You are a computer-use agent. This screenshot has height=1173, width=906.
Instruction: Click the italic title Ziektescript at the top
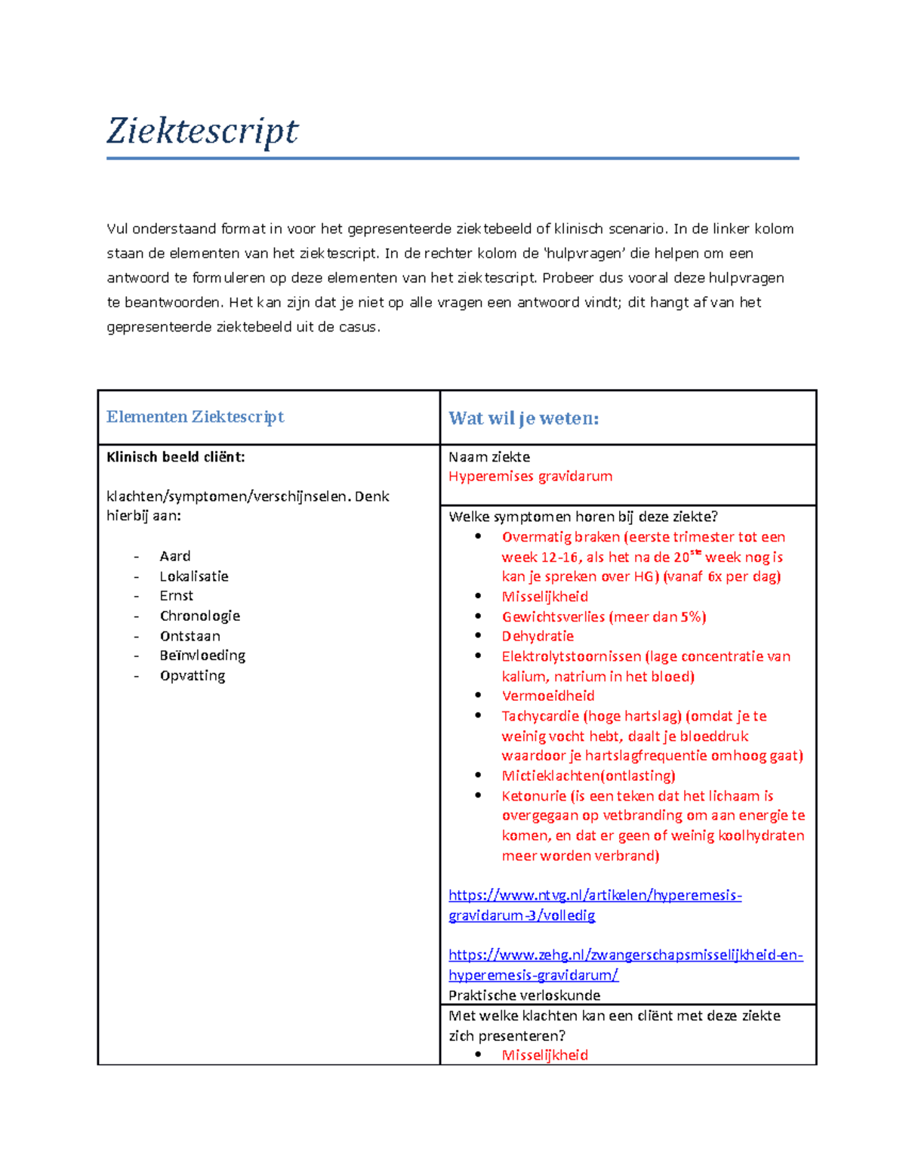[202, 131]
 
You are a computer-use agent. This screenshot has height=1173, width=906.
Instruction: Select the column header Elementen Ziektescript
[195, 417]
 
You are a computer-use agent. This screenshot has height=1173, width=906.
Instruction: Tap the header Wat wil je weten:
[523, 418]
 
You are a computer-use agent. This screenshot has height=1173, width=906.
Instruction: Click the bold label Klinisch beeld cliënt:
[175, 457]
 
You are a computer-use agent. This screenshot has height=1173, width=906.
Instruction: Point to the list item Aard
[174, 556]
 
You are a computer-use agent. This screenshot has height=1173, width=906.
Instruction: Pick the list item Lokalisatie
[193, 576]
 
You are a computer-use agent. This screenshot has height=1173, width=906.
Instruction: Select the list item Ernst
[176, 596]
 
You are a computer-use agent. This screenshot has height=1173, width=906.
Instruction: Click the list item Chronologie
[199, 616]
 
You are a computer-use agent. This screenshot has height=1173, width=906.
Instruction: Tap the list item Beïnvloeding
[202, 656]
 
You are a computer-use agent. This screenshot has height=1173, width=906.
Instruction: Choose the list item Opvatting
[192, 675]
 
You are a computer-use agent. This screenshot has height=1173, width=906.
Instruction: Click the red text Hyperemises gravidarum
[530, 477]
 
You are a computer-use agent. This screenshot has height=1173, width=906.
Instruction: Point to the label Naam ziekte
[488, 457]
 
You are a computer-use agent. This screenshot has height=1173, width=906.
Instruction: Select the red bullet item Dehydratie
[538, 636]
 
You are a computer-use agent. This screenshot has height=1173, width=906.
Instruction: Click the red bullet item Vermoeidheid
[547, 696]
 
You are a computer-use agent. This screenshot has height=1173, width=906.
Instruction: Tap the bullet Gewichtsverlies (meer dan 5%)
[603, 616]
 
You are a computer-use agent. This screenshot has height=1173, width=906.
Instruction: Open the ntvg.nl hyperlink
[594, 896]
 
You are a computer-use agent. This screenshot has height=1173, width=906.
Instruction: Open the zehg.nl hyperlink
[624, 955]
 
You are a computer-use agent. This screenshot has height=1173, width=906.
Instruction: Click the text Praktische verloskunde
[524, 996]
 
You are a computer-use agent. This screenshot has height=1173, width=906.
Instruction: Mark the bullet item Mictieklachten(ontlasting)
[588, 776]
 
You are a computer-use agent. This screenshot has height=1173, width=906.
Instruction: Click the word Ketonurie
[533, 796]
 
